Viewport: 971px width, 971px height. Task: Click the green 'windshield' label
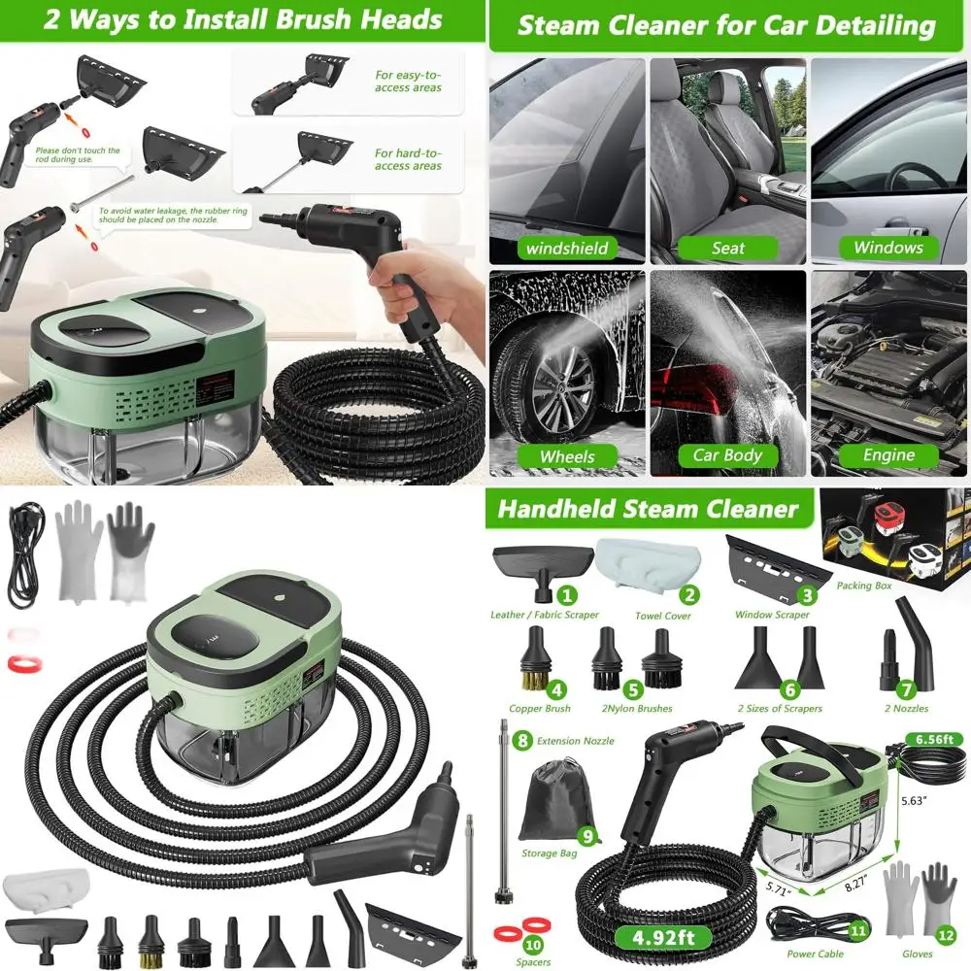coord(566,249)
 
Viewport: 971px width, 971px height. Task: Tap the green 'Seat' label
coord(727,248)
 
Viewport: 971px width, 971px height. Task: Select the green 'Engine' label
coord(888,454)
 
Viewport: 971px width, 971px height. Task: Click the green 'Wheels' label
coord(566,455)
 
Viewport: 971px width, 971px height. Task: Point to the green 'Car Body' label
coord(727,454)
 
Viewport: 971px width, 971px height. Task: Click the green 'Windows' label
coord(887,248)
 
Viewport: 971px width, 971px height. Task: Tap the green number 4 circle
coord(556,690)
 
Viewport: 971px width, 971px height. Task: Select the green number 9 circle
coord(586,835)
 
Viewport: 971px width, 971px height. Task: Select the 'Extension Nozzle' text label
coord(576,741)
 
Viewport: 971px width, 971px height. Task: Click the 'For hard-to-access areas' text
coord(408,159)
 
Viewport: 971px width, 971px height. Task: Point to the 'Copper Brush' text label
coord(540,709)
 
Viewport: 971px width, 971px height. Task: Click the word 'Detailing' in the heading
coord(879,25)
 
